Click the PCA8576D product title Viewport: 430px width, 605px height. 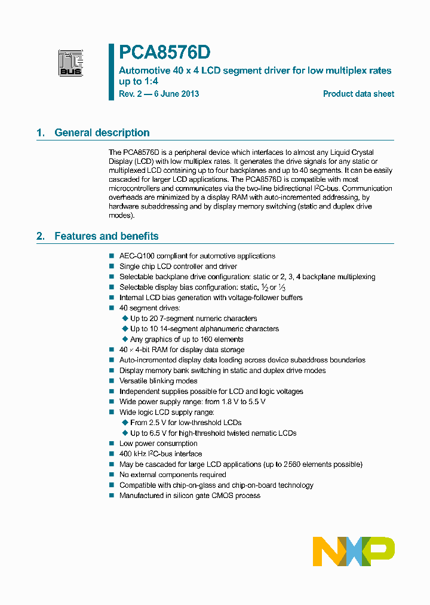164,53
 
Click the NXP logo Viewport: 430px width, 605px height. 354,551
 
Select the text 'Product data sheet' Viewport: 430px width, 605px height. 358,94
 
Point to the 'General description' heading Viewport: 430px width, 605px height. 102,133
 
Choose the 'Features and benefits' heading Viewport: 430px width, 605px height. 106,236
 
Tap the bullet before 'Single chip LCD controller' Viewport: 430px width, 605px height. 112,267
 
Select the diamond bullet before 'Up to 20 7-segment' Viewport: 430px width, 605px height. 125,319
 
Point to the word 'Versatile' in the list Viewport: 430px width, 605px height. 133,381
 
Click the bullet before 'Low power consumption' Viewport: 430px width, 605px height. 112,444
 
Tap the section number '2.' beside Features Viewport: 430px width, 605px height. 41,236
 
